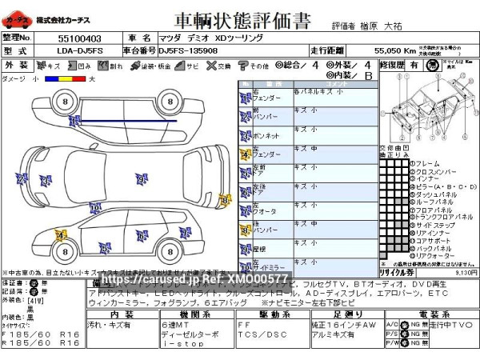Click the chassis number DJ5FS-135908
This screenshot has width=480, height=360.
[x=188, y=50]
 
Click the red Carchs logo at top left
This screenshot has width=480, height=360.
[x=16, y=18]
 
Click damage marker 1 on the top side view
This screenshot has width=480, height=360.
[x=74, y=121]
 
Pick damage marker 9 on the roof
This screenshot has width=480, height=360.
[x=141, y=179]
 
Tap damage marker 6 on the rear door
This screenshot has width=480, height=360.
[x=142, y=235]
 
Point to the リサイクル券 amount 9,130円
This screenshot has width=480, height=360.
[x=465, y=272]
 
